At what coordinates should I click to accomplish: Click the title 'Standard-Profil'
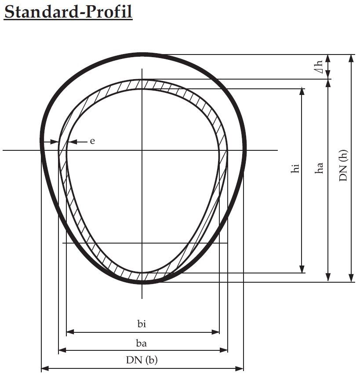click(x=68, y=12)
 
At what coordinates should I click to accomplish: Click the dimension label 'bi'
click(x=142, y=324)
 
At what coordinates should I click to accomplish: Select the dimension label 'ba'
click(x=142, y=343)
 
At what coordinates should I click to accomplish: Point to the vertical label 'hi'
click(x=295, y=168)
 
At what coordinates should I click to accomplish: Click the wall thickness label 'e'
click(x=92, y=141)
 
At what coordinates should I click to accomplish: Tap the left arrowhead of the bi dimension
click(x=69, y=332)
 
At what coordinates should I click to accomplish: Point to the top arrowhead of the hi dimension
click(x=302, y=91)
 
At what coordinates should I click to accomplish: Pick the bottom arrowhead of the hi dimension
click(x=302, y=269)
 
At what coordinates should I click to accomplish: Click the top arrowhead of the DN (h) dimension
click(x=351, y=58)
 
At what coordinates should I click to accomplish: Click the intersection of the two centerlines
click(x=142, y=150)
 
